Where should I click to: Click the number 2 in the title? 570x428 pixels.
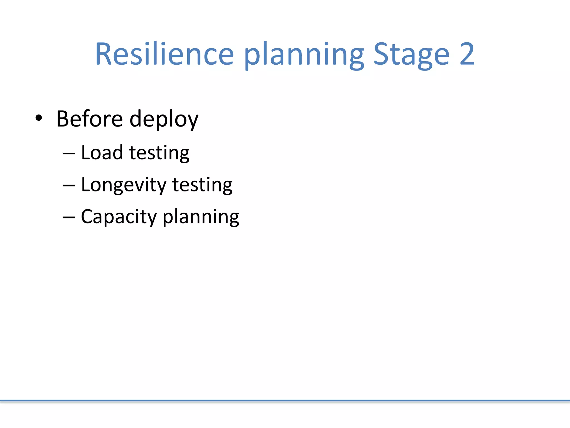click(467, 54)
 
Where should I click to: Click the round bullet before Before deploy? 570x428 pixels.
click(39, 118)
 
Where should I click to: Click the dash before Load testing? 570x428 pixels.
click(69, 153)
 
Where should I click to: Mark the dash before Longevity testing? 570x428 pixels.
click(69, 185)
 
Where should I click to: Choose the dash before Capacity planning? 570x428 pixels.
click(69, 217)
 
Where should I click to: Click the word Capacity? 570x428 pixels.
click(119, 217)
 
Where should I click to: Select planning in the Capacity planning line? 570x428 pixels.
click(201, 217)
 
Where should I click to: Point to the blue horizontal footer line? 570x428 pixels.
click(285, 401)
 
